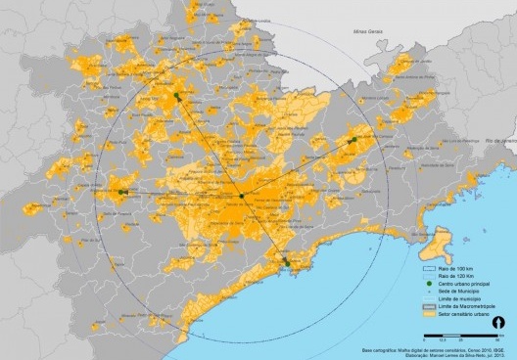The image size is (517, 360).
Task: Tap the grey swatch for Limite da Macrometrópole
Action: (x=427, y=310)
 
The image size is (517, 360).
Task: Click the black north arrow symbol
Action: (x=497, y=322)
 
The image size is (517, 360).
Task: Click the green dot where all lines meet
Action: (x=241, y=197)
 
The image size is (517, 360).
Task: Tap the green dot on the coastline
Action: (x=286, y=261)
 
